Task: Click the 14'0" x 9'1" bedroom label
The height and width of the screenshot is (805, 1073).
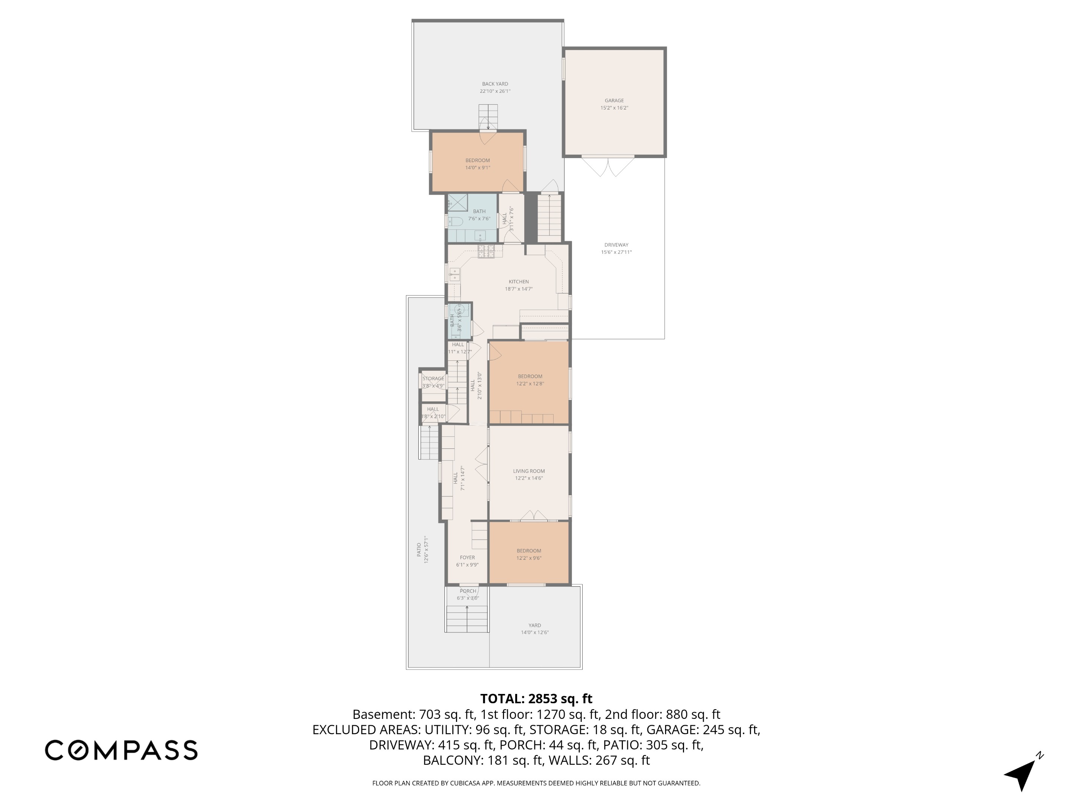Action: (477, 164)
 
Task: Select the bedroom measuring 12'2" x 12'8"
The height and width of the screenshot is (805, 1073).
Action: (530, 380)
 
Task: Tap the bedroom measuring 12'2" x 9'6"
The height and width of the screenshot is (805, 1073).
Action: (529, 554)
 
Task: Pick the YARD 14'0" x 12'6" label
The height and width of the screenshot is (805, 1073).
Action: (535, 629)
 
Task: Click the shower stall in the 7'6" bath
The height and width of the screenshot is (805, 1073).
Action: (457, 202)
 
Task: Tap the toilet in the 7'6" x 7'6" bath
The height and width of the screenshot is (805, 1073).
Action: (455, 222)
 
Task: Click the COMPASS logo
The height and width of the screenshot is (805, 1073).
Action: (121, 750)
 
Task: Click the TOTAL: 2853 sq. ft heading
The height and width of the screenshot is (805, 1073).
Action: (536, 699)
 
